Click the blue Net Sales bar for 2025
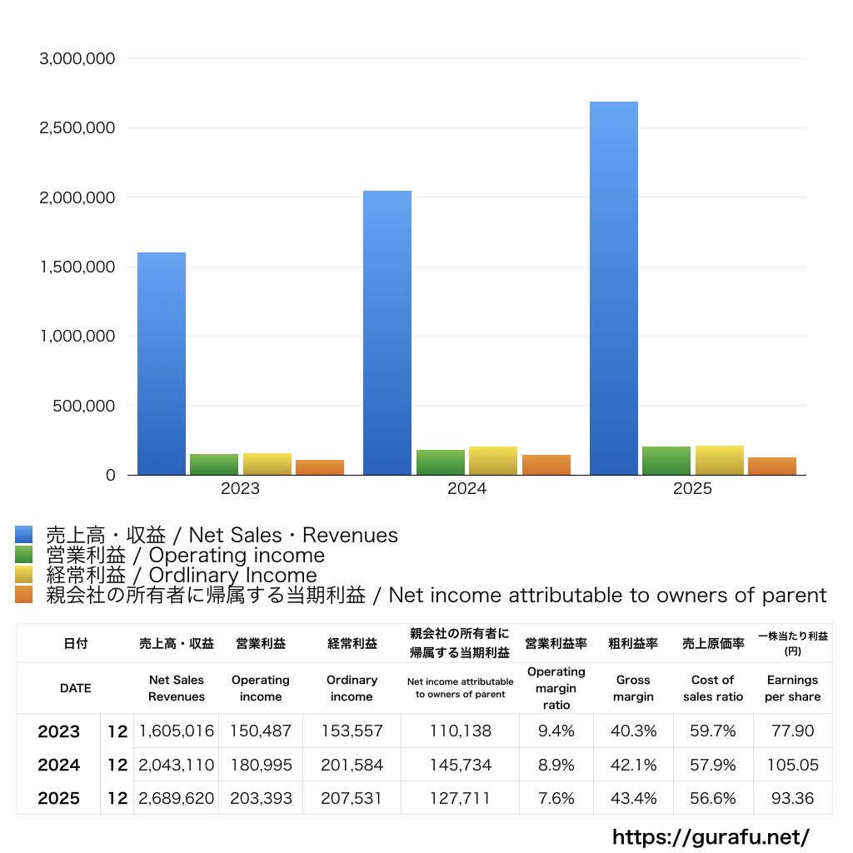(614, 288)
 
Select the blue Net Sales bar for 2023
(162, 363)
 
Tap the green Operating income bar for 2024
(441, 462)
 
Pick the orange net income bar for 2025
(772, 466)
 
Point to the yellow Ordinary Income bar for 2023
(267, 464)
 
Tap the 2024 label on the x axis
(466, 489)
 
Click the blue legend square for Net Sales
(24, 535)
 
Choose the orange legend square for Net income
(24, 595)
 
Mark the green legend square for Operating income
(24, 555)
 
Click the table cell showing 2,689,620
(177, 798)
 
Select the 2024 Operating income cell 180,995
(261, 765)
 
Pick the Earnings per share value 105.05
(792, 765)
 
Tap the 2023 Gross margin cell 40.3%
(633, 731)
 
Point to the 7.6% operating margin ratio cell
(556, 798)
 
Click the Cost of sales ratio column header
(713, 688)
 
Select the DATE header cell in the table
(75, 688)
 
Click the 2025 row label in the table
(59, 798)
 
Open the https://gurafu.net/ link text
(711, 836)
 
